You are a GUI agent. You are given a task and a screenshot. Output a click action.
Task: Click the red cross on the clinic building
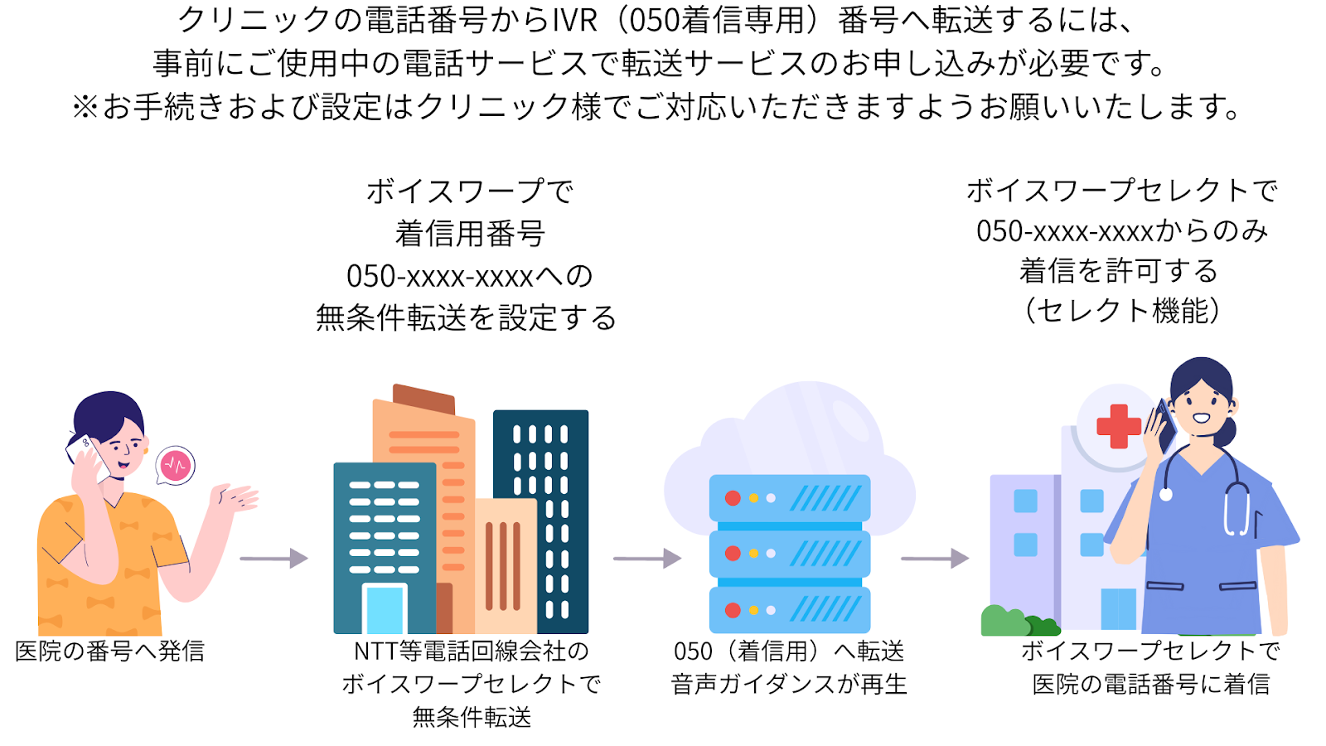tap(1118, 426)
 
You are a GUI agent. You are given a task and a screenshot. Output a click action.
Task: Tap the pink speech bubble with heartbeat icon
tap(175, 465)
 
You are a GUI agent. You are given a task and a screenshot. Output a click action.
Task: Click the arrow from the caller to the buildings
tap(274, 559)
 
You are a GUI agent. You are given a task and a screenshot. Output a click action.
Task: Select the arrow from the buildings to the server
tap(647, 559)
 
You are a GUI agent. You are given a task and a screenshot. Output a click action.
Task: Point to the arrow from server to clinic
tap(936, 559)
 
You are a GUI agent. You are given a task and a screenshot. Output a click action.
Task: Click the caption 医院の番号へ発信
tap(109, 652)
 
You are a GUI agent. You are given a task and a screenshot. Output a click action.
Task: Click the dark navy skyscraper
tap(540, 521)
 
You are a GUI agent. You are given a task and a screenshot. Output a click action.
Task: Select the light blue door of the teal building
tap(385, 609)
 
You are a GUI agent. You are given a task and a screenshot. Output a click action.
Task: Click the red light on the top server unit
tap(733, 498)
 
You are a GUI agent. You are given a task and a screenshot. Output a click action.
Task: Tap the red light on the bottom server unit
tap(733, 610)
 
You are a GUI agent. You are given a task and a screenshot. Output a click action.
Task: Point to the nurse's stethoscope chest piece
tap(1166, 494)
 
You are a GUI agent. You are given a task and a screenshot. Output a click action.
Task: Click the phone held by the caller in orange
tap(88, 457)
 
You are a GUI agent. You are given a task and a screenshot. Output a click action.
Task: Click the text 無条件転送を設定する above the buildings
tap(467, 318)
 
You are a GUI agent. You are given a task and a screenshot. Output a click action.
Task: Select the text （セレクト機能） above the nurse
tap(1122, 311)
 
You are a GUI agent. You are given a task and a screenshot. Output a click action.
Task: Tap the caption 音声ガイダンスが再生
tap(789, 685)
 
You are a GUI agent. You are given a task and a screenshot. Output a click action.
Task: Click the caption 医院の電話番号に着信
tap(1151, 685)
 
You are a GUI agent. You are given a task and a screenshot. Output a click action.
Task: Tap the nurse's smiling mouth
tap(1201, 418)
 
